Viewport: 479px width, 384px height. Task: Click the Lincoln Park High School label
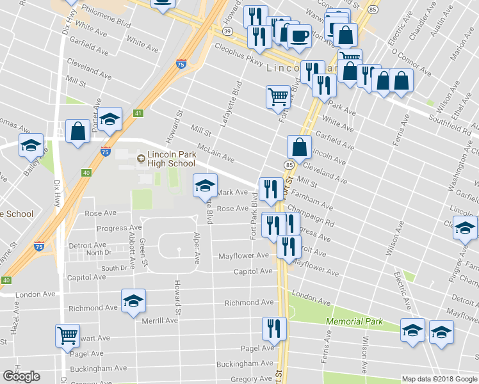coord(170,159)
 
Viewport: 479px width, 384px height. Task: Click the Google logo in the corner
coord(21,376)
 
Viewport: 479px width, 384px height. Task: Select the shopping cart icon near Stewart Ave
coord(67,335)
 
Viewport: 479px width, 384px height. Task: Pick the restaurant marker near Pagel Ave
coord(274,328)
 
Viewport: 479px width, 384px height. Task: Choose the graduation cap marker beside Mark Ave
coord(205,186)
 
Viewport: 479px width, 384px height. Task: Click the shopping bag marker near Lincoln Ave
coord(299,147)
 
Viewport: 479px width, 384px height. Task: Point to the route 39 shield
coord(227,31)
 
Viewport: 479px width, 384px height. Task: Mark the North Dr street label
coord(99,253)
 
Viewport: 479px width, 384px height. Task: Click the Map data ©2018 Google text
coord(439,379)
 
